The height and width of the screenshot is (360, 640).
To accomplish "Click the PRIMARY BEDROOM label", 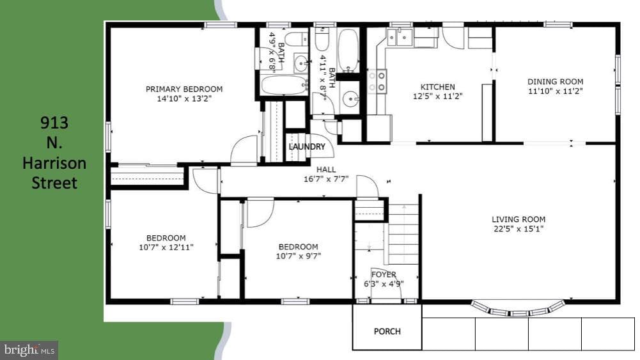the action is point(184,89).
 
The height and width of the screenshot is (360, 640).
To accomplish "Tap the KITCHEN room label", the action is point(437,87).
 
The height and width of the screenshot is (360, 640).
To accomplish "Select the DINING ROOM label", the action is point(555,82).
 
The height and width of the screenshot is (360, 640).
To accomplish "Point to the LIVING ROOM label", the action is point(519,219).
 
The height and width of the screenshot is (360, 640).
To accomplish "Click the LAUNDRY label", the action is point(307,146).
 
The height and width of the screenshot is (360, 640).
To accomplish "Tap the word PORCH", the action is point(387,331).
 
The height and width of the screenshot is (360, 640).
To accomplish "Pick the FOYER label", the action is point(384,275).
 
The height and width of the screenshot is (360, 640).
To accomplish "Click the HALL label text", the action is point(326,169).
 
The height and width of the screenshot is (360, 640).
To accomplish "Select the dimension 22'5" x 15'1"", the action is point(519,229).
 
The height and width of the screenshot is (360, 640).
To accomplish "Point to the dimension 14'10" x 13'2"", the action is point(184,98).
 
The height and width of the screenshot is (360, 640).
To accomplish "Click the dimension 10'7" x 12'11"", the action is point(166,247).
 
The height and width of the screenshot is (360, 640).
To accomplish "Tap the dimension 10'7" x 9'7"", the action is point(299,256).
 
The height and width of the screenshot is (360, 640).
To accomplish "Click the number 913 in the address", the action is point(54,122).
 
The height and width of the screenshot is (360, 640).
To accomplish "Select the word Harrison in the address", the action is point(54,163).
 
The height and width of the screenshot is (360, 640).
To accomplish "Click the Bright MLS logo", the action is point(29,350).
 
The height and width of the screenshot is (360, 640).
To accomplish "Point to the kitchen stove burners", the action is point(377,81).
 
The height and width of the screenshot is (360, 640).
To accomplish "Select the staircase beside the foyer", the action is point(403,234).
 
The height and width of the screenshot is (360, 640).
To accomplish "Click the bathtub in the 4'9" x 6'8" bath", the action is point(284,85).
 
